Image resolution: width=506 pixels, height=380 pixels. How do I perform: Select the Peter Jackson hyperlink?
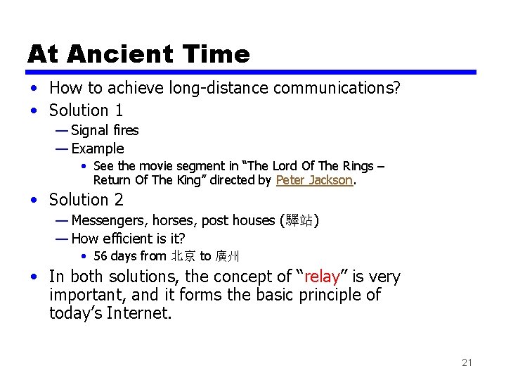pos(314,180)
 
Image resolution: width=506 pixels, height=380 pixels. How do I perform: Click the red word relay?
pos(322,277)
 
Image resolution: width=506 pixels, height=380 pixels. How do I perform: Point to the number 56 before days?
pos(100,256)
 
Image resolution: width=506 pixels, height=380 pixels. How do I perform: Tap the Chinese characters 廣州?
pos(228,256)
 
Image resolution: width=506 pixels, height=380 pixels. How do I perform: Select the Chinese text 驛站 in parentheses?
pos(300,221)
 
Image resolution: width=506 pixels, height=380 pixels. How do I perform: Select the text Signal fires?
pos(105,130)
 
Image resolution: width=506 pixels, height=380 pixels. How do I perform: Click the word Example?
pos(98,148)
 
